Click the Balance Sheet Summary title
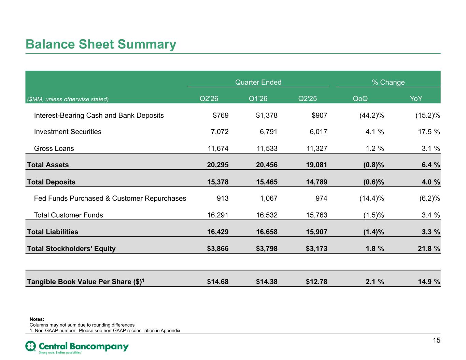click(101, 44)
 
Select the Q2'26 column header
click(209, 99)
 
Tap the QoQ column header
click(360, 99)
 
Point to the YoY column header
click(416, 99)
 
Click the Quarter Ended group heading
click(258, 82)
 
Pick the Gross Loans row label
click(54, 148)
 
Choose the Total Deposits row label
click(51, 182)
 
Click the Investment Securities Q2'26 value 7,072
click(220, 132)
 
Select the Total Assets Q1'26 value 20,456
click(267, 165)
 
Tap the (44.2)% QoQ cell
click(372, 115)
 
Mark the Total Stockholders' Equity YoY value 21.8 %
click(429, 248)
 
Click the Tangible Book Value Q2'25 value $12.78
click(316, 282)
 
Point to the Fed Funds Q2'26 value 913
click(223, 199)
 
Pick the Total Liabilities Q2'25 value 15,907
click(316, 232)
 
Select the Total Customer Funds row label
click(68, 215)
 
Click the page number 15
click(436, 340)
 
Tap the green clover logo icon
click(31, 346)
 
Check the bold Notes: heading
click(37, 319)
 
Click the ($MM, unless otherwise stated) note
click(68, 99)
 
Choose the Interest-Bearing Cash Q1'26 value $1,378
click(267, 115)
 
